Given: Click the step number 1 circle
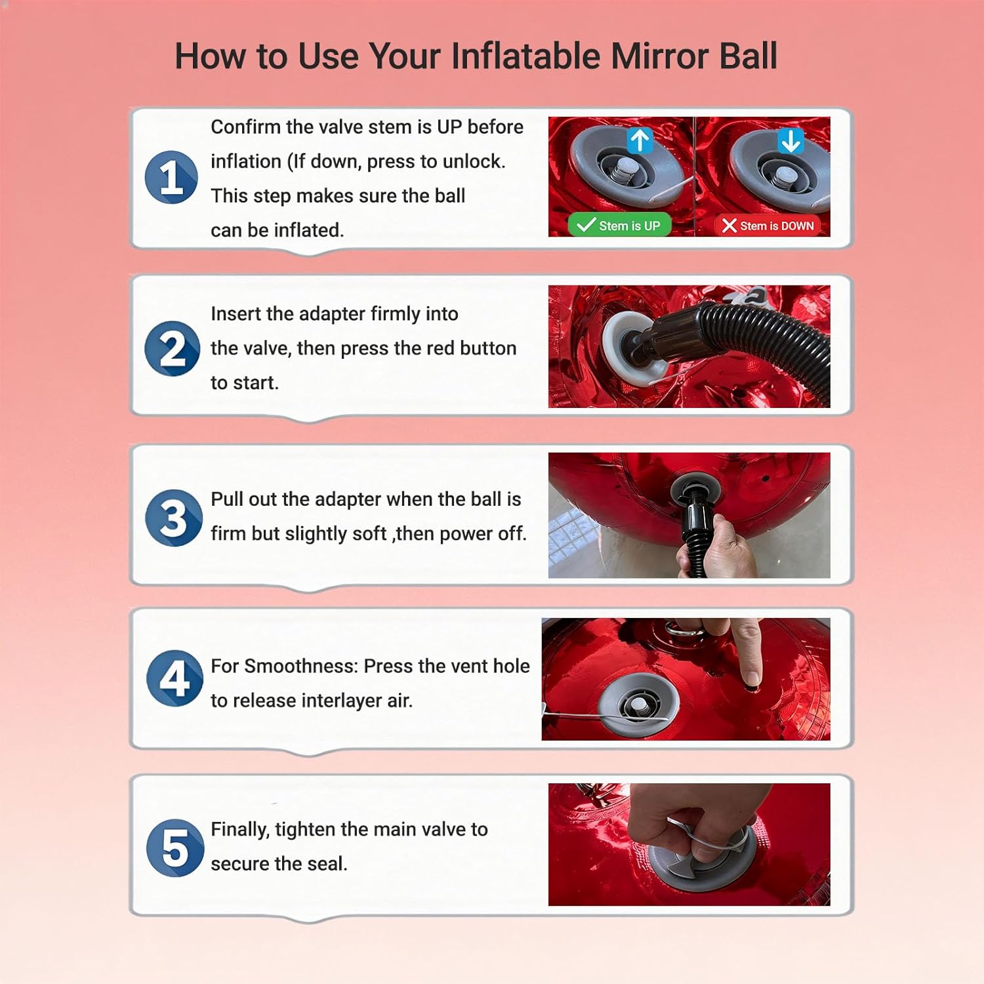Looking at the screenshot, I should [x=171, y=178].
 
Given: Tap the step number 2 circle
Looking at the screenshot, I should [x=173, y=348].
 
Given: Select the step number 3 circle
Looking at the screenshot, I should [x=174, y=518].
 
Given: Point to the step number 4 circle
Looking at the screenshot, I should [x=174, y=678].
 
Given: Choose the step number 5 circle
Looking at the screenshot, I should [x=175, y=848].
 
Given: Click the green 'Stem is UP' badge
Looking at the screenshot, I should [x=619, y=226].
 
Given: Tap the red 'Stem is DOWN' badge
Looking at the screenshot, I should [x=768, y=226].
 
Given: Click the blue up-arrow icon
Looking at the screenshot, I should [x=640, y=140].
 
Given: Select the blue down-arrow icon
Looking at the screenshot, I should [x=790, y=140].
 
